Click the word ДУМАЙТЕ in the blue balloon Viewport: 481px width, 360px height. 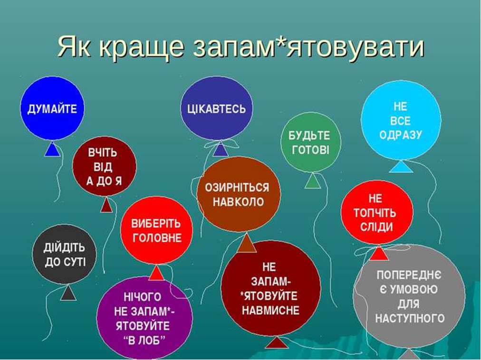pos(52,109)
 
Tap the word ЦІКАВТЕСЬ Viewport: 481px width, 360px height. pos(217,109)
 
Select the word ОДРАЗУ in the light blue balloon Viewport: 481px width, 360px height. pos(401,135)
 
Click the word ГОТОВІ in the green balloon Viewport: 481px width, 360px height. pos(310,150)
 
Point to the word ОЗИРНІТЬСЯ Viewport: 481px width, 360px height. pos(237,187)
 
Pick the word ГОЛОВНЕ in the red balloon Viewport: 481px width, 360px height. pos(157,238)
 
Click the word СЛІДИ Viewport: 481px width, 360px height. pos(377,227)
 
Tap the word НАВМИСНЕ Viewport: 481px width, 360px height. pos(270,310)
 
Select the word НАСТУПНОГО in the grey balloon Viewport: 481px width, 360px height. pos(410,318)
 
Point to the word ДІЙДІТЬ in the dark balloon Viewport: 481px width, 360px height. pos(64,247)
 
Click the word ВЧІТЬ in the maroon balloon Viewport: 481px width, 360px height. pos(103,153)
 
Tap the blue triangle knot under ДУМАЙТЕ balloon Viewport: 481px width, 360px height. pos(52,149)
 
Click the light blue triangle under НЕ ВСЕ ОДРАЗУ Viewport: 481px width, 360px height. pos(401,167)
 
